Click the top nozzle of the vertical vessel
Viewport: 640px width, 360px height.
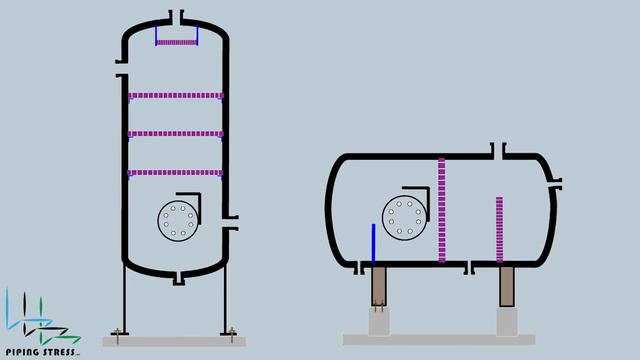pyautogui.click(x=176, y=17)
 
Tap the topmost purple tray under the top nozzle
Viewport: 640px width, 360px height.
pyautogui.click(x=176, y=43)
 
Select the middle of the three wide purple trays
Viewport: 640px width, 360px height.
pyautogui.click(x=176, y=134)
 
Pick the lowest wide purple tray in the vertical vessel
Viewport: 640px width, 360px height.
pyautogui.click(x=176, y=172)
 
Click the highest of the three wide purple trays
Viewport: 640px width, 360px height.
pyautogui.click(x=176, y=96)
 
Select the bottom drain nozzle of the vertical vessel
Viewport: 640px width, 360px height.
pyautogui.click(x=177, y=278)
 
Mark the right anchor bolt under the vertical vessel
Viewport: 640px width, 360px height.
pyautogui.click(x=231, y=332)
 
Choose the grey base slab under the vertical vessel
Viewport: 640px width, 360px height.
pyautogui.click(x=174, y=341)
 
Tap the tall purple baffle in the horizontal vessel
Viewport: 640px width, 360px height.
pyautogui.click(x=441, y=210)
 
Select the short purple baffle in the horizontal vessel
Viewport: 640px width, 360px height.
pyautogui.click(x=499, y=229)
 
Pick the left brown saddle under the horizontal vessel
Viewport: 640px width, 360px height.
pyautogui.click(x=380, y=287)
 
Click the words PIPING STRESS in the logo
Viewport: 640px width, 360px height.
pyautogui.click(x=41, y=351)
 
